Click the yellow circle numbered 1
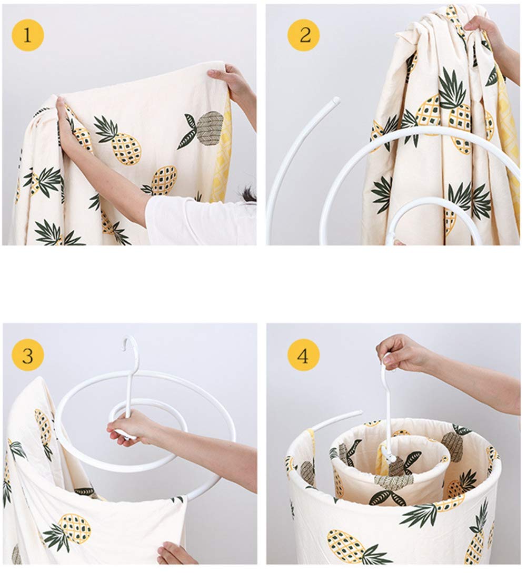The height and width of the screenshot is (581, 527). pos(28,35)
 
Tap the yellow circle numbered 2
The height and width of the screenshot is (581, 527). pos(304,35)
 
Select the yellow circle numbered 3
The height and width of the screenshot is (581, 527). pos(28,355)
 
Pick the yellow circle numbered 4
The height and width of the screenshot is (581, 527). pos(303,355)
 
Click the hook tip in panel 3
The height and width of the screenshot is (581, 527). pos(125,348)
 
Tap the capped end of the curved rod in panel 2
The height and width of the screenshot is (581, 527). pos(335,100)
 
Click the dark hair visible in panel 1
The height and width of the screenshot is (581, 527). pos(246,193)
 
